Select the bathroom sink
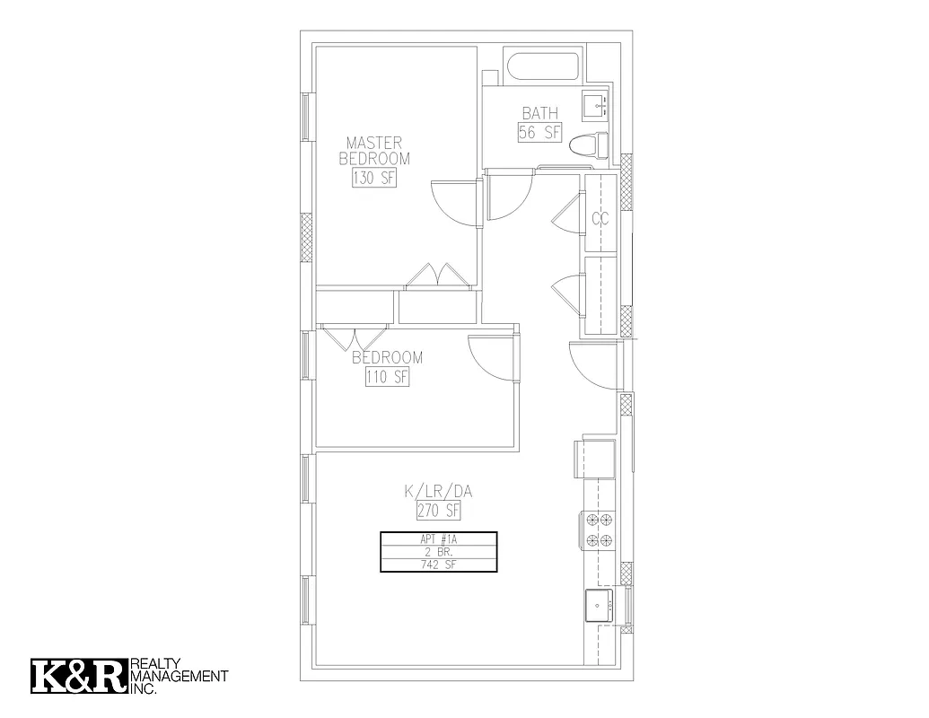tap(596, 106)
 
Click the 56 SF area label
tap(539, 133)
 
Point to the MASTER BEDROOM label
tap(374, 151)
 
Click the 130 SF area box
tap(374, 178)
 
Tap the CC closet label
tap(600, 218)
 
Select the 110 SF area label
tap(387, 378)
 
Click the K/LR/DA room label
tap(438, 491)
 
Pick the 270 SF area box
tap(438, 512)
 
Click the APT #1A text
tap(438, 539)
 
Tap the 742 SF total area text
tap(438, 565)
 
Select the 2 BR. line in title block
tap(438, 552)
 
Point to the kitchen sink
tap(599, 606)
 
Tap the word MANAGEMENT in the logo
tap(180, 676)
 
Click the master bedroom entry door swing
tap(454, 203)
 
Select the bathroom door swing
tap(507, 197)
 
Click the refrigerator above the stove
tap(595, 459)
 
